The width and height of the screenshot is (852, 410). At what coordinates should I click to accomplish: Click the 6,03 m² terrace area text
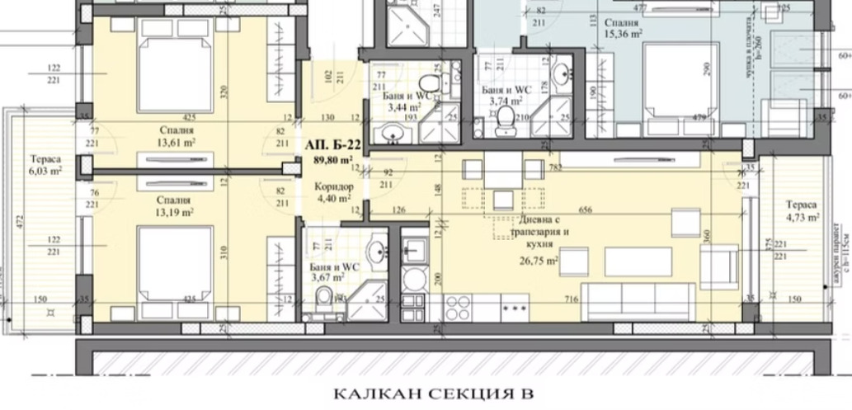coord(46,172)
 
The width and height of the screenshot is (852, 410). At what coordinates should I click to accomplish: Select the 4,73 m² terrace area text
coord(802,218)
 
